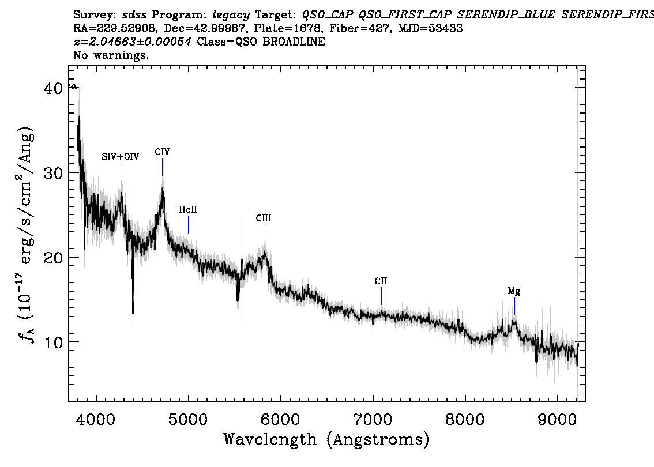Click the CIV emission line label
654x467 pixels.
coord(162,152)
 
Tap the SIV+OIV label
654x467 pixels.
coord(120,157)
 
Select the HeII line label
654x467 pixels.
coord(187,210)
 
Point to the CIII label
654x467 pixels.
coord(264,219)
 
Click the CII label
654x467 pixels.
coord(381,281)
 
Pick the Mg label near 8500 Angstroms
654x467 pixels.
coord(514,292)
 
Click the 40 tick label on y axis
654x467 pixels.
coord(57,88)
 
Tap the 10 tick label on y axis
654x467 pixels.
coord(57,342)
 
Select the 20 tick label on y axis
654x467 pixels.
coord(57,257)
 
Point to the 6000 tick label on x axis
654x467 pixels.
coord(280,418)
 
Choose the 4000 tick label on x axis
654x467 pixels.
coord(96,418)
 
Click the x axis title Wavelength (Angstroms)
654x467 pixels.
coord(326,440)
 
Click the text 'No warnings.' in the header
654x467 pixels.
coord(111,55)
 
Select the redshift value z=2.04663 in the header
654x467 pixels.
coord(133,42)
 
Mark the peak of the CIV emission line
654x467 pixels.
coord(163,190)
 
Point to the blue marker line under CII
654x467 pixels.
coord(381,296)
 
